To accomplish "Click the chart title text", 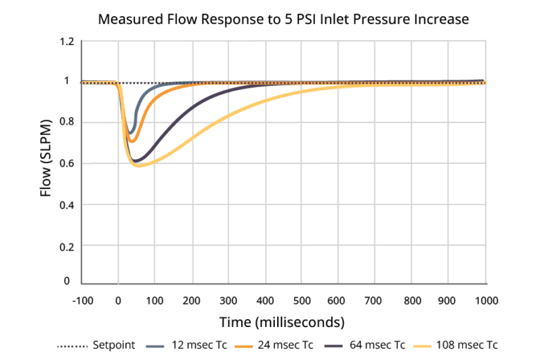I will point(283,19).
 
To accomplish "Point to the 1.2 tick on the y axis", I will point(66,42).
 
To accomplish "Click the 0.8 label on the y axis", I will point(66,123).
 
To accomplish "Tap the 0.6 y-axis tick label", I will point(66,165).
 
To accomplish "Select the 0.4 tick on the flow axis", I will point(66,205).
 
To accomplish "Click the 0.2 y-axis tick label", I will point(66,247).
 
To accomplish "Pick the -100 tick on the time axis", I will point(82,301).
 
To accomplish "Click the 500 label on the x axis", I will point(302,301).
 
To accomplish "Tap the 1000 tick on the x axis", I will point(484,301).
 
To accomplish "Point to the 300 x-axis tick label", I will point(229,301).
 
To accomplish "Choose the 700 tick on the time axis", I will point(375,301).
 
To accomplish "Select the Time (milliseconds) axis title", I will point(283,323).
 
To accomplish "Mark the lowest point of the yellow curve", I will point(138,166).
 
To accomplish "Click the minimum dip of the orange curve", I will point(131,142).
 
